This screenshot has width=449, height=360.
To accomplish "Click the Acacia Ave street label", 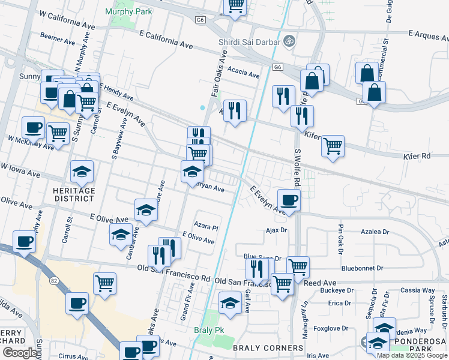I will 243,73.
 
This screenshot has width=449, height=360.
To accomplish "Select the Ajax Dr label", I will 276,230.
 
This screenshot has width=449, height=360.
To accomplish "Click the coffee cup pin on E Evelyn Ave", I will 289,200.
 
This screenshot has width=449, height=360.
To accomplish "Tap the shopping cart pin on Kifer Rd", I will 333,146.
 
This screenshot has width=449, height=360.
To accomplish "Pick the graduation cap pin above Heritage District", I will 82,172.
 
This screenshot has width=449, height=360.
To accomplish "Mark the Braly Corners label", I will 268,348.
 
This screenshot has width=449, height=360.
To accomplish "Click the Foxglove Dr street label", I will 331,328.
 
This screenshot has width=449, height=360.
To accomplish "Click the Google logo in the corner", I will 19,353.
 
